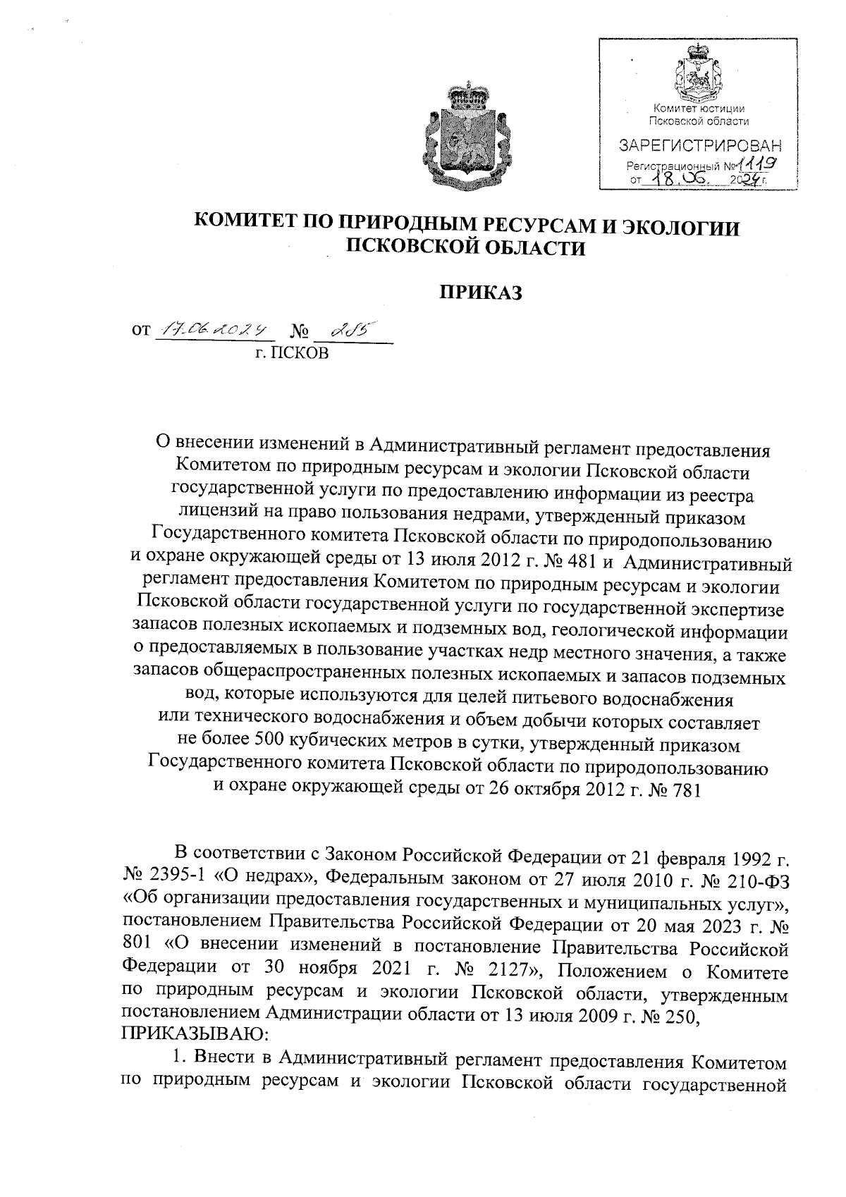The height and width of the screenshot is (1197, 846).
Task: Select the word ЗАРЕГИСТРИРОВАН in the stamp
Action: point(699,147)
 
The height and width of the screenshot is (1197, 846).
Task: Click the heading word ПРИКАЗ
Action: point(481,292)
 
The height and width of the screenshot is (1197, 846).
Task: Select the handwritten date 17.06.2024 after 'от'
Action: point(213,329)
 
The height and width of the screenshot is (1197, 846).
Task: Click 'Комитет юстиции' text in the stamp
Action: point(699,109)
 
